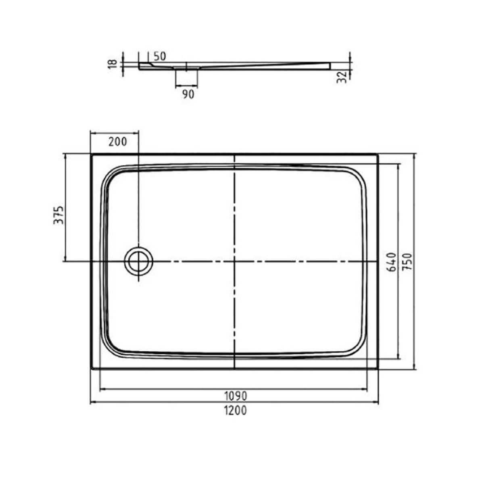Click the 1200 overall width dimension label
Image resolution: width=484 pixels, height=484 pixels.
235,411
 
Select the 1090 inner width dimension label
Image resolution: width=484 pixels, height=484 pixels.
236,396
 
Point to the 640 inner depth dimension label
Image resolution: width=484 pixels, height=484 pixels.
392,262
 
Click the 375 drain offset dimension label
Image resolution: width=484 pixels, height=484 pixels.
59,215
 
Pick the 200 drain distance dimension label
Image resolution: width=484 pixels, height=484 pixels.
117,142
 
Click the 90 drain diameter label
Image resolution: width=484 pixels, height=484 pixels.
188,94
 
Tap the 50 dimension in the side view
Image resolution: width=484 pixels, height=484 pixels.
160,57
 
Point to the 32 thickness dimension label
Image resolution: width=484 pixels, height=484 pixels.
342,77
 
